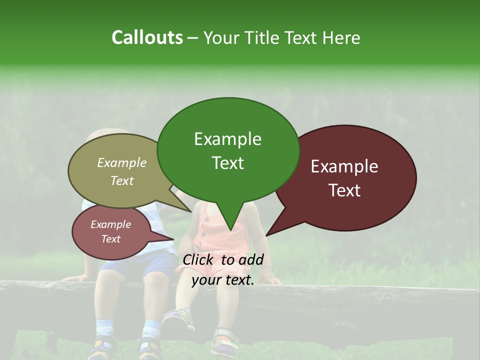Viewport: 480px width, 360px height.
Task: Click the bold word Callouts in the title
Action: (147, 37)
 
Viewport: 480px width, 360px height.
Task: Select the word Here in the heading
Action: (341, 37)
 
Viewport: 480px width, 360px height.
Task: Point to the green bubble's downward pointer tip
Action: (230, 230)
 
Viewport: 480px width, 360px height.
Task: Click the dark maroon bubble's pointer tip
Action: (266, 235)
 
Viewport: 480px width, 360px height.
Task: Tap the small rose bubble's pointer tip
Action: (173, 239)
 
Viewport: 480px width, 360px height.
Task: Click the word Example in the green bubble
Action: (227, 139)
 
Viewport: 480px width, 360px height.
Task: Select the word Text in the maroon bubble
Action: (344, 190)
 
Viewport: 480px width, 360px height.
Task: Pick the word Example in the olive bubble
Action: (122, 163)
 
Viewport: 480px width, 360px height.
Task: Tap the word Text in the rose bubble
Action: (111, 239)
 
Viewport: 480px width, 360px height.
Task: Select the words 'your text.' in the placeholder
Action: (223, 280)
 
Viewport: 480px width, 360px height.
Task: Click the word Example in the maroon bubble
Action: (344, 166)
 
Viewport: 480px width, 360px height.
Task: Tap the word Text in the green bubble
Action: (228, 163)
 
